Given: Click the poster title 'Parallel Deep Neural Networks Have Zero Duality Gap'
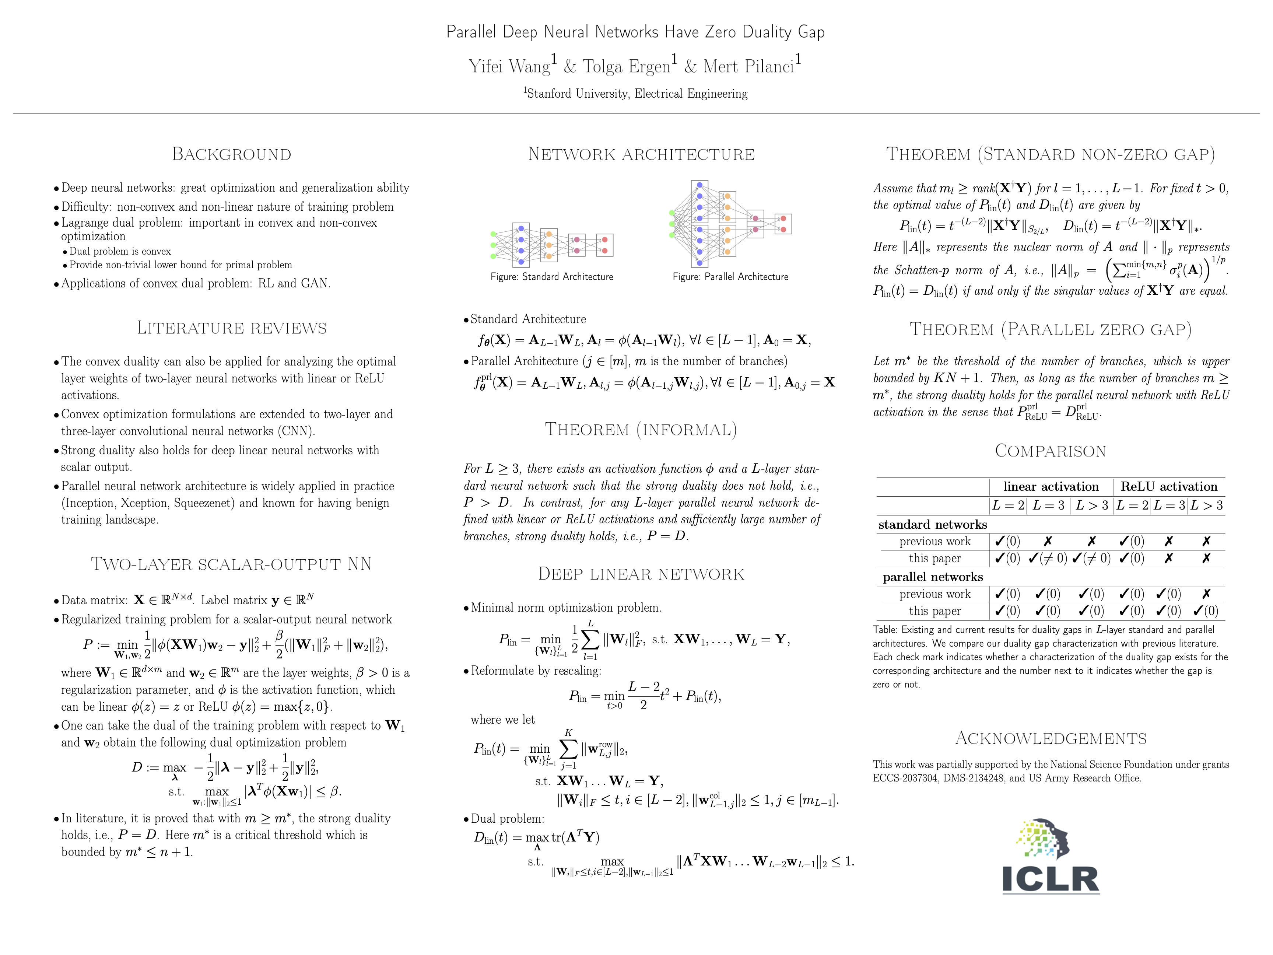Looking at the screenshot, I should (635, 32).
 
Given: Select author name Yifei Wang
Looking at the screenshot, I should (510, 67).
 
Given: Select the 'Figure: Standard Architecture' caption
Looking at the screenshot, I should (551, 277).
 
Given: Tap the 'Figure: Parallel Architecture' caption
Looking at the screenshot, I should (730, 277).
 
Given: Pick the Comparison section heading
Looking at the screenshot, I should (1050, 451).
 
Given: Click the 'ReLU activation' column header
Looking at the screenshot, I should (1169, 486).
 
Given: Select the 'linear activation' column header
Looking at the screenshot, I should (1051, 486).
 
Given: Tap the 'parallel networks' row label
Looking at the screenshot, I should (933, 577).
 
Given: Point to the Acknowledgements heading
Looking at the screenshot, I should (1050, 739).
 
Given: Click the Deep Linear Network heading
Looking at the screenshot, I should (641, 574).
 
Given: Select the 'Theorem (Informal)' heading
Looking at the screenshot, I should (641, 430).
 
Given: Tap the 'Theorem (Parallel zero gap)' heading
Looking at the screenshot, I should (1050, 329).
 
